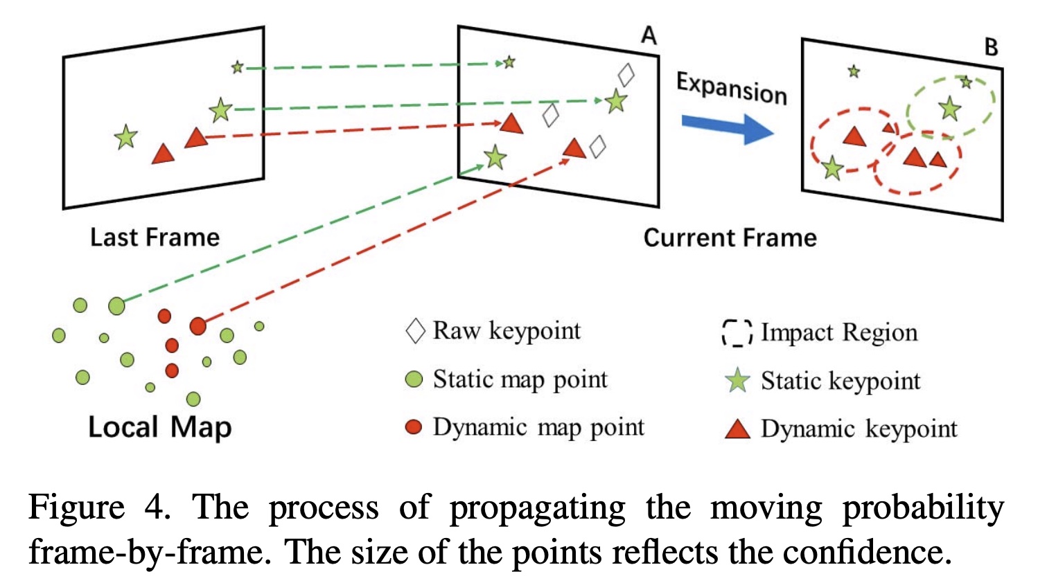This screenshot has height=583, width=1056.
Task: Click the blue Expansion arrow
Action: (728, 128)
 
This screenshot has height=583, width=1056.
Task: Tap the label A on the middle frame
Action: (649, 35)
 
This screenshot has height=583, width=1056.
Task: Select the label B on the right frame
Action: (991, 47)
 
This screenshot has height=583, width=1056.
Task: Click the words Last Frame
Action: (155, 237)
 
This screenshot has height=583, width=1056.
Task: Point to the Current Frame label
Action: (730, 237)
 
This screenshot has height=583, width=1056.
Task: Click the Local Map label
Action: (159, 427)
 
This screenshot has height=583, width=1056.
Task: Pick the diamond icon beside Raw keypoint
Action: (415, 331)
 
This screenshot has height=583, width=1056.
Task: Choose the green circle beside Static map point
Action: (414, 379)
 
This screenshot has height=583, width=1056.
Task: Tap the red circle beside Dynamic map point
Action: (414, 427)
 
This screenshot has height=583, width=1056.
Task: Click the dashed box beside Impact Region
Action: (737, 332)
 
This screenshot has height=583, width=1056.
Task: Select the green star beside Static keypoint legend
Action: (737, 381)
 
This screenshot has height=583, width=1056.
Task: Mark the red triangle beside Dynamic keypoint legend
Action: (737, 429)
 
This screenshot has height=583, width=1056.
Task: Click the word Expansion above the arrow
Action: (732, 88)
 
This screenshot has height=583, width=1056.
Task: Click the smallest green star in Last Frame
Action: (238, 67)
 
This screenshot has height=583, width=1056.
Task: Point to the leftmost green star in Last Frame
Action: (125, 137)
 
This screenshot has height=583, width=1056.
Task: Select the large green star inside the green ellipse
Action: (950, 109)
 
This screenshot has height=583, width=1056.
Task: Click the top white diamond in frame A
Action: (626, 75)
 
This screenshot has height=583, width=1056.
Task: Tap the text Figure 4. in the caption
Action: (99, 507)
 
